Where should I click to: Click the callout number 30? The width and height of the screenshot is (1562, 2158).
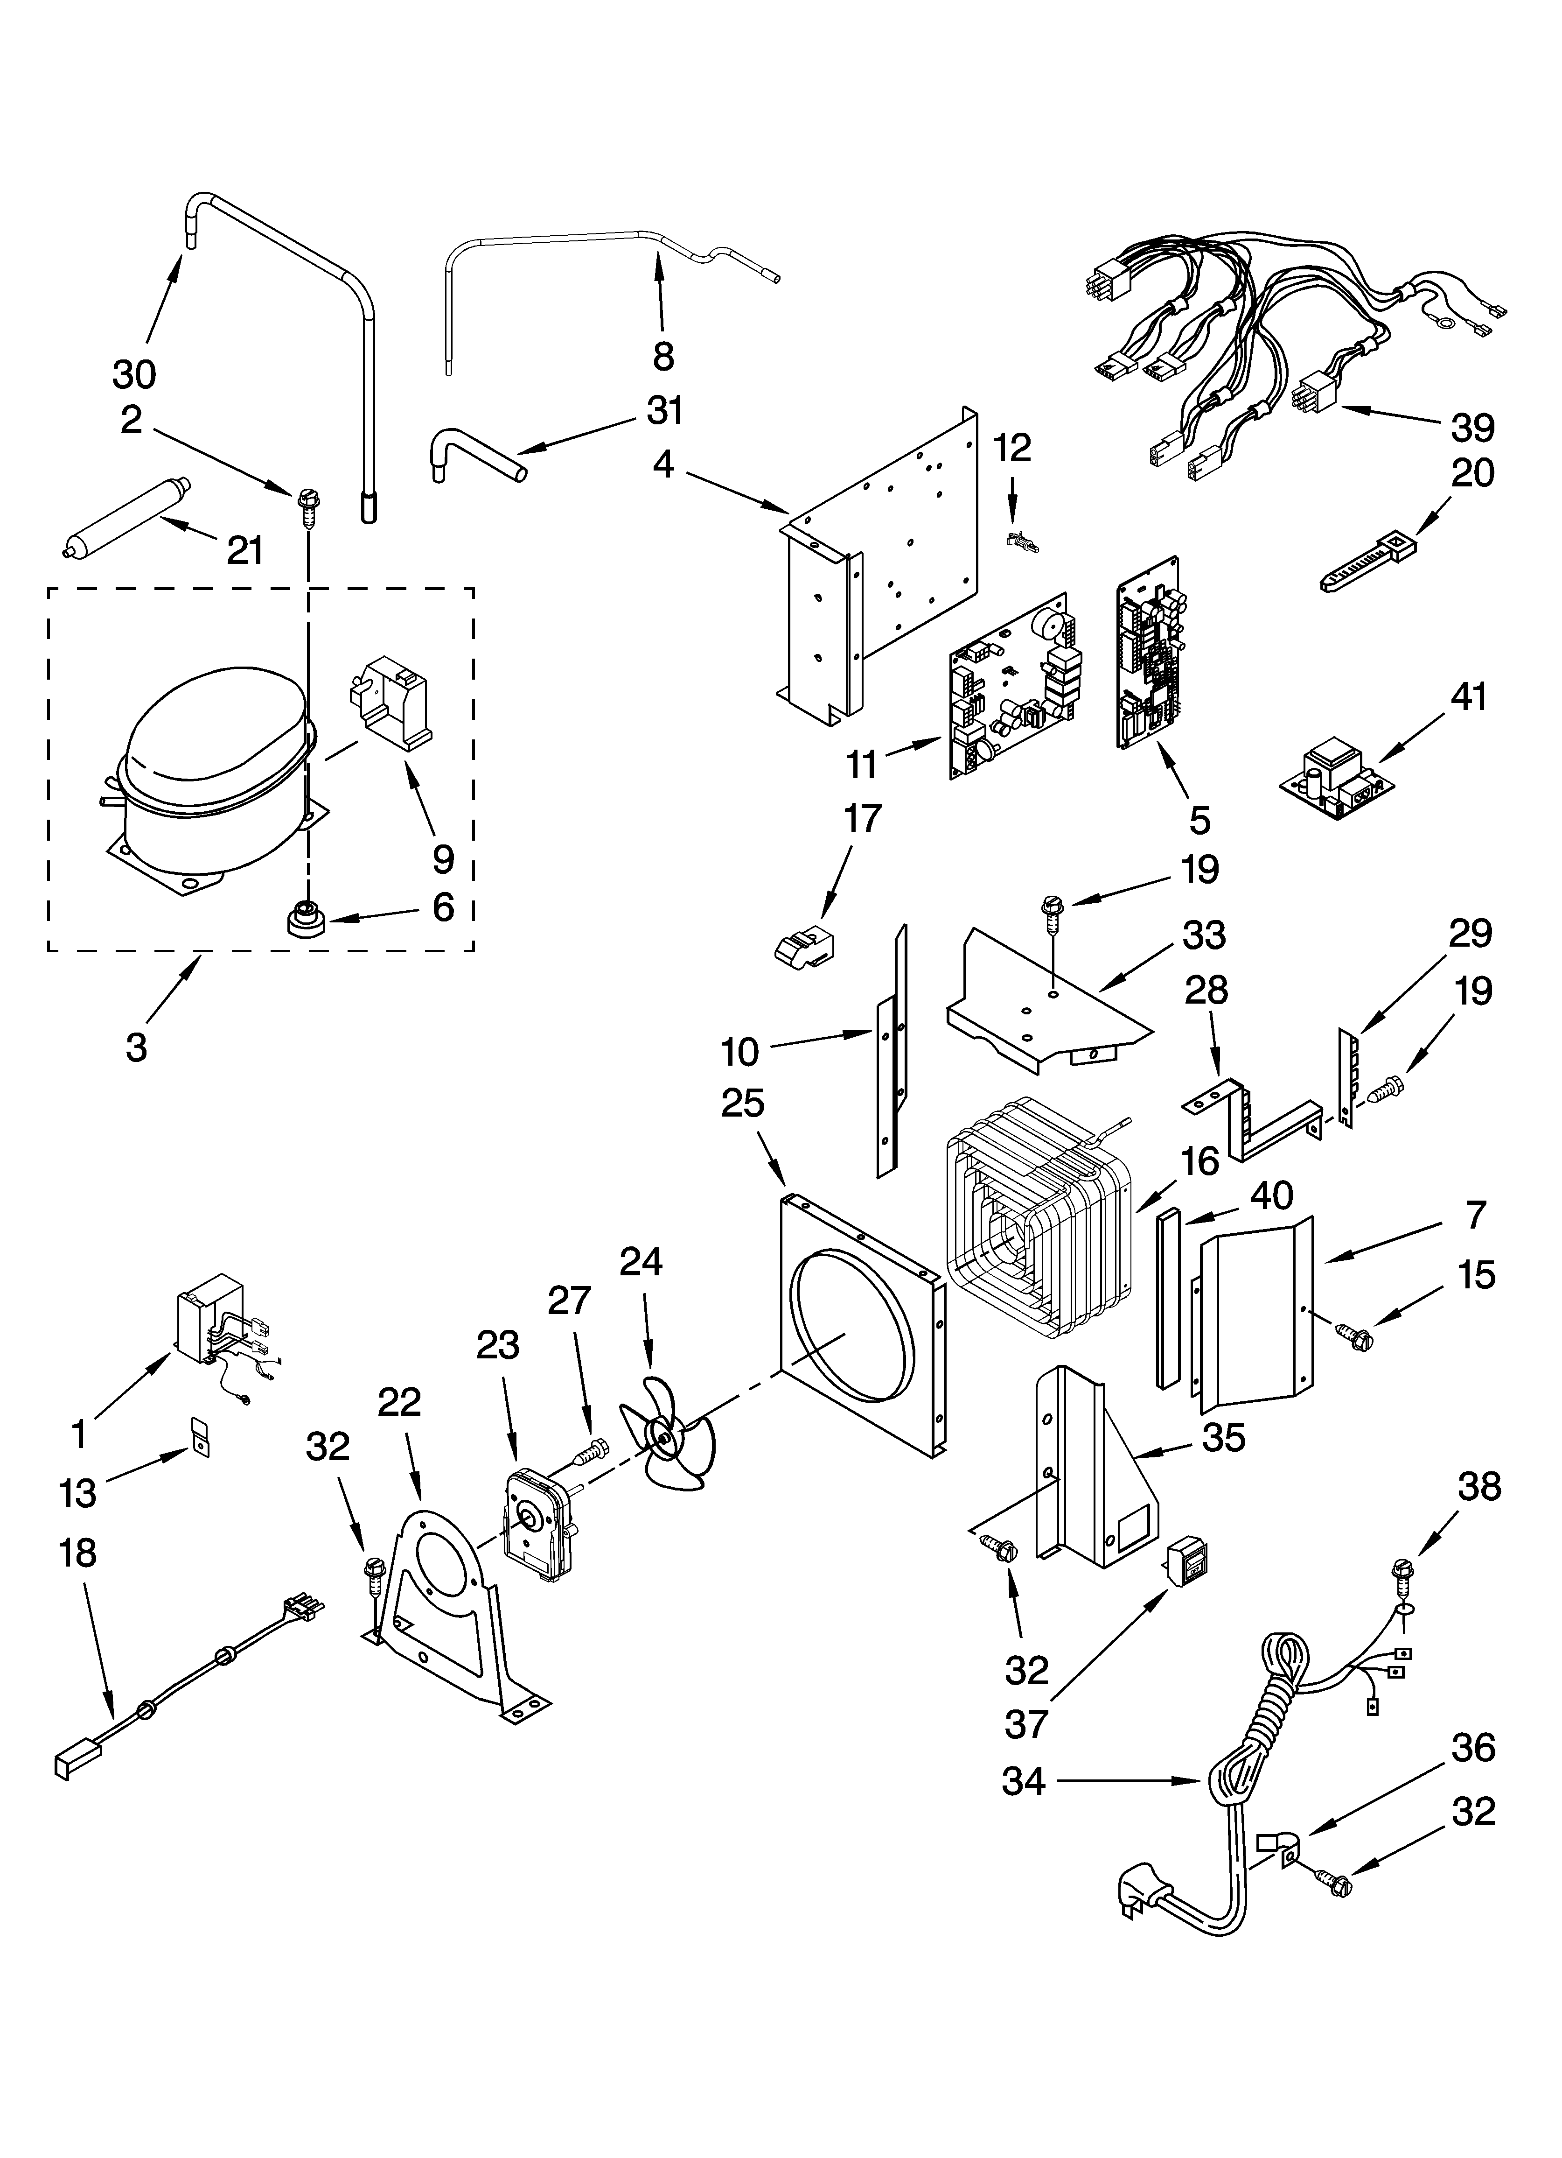[134, 375]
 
